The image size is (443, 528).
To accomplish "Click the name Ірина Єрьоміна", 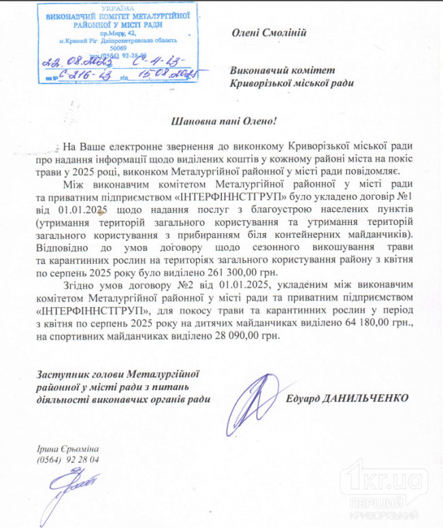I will pos(69,450).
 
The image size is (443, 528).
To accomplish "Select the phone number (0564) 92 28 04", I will pos(69,460).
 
